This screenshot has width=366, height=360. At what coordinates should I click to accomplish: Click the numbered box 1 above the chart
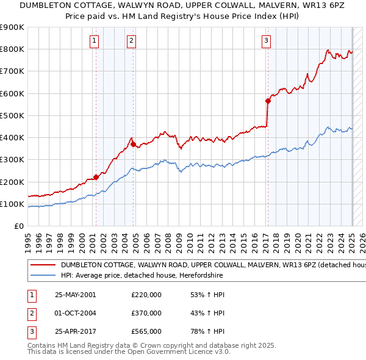pos(95,41)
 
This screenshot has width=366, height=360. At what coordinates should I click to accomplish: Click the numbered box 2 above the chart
pos(131,41)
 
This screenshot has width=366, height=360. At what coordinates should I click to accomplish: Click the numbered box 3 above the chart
pos(267,41)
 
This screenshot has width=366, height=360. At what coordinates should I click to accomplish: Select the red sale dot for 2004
pos(133,145)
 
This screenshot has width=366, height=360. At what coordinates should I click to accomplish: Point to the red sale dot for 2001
pos(96,178)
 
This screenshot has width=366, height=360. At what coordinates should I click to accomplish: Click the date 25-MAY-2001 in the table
pos(75,294)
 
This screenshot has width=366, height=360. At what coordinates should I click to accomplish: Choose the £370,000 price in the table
pos(146,313)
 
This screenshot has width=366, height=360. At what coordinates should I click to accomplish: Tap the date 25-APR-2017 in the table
pos(75,332)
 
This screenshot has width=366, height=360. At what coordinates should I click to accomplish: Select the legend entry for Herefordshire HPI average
pos(142,275)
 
